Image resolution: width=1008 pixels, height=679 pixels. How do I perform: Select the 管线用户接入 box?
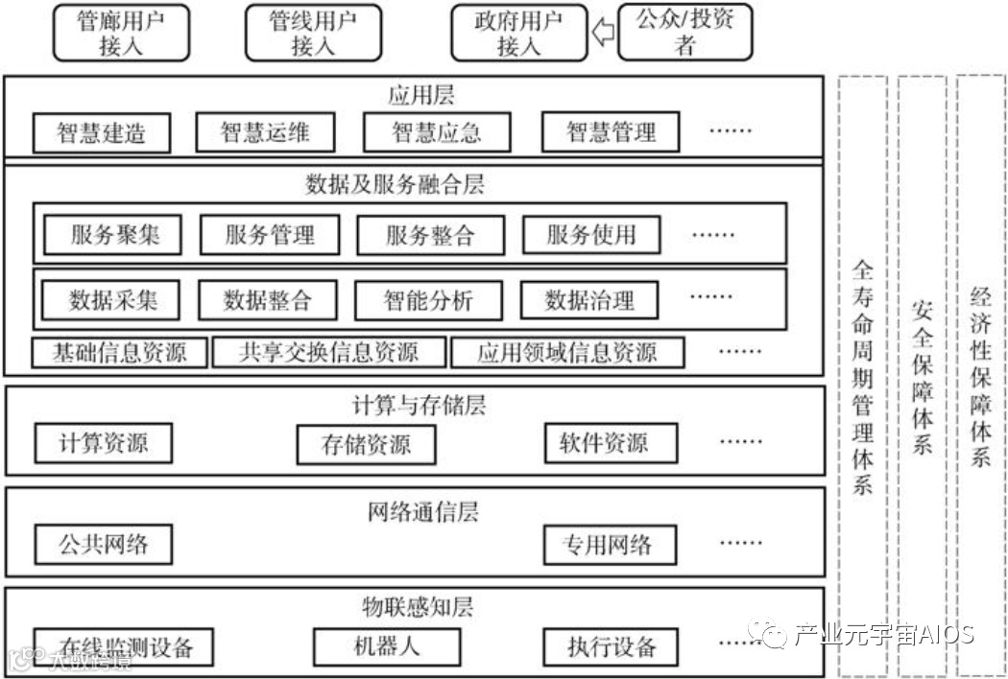point(312,34)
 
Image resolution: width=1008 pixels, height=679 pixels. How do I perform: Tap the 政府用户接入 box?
point(519,34)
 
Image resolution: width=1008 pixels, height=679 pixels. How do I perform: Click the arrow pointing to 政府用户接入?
point(604,34)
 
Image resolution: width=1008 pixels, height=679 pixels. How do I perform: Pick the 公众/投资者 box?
point(684,32)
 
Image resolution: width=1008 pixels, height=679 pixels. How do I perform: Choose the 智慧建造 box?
point(101,133)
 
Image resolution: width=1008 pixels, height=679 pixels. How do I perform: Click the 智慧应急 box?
point(437,132)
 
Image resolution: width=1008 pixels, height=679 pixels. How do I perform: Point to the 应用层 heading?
point(420,96)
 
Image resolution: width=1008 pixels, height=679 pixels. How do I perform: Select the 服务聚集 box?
point(114,234)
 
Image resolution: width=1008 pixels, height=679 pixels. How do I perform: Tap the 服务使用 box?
point(590,234)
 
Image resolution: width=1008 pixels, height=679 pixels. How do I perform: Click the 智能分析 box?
point(428,300)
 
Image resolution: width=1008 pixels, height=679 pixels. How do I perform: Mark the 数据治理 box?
point(589,300)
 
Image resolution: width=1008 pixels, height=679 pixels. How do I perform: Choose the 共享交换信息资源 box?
point(329,352)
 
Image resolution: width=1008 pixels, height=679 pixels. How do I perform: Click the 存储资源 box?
point(366,444)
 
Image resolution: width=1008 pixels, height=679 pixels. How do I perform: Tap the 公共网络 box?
point(104,545)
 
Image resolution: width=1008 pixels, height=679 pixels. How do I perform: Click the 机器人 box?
point(381,645)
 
